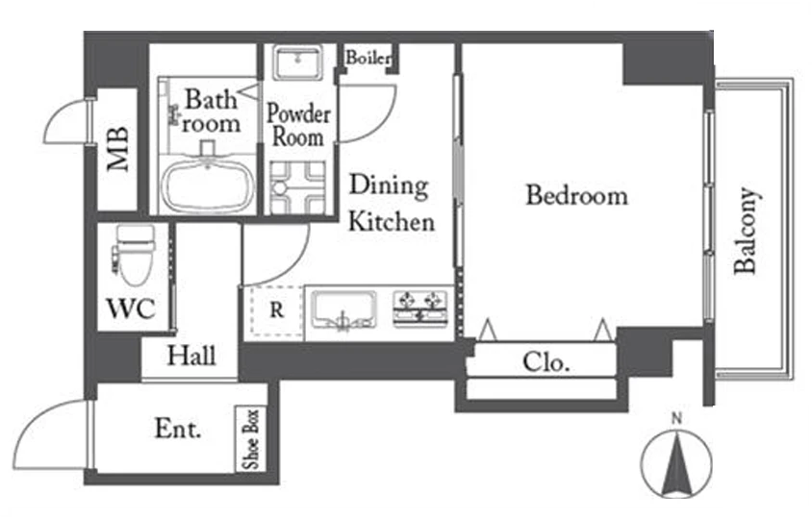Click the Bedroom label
tap(577, 196)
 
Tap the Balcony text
tap(747, 231)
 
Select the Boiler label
tap(368, 58)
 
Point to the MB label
tap(118, 149)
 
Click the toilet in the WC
tap(135, 255)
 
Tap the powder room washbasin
tap(298, 62)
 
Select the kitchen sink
tap(343, 310)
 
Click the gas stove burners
tap(420, 308)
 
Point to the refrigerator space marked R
tap(277, 310)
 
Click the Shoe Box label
tap(251, 439)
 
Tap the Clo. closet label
tap(546, 362)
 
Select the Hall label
tap(191, 356)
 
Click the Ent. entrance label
tap(178, 429)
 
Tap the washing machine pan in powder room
tap(298, 187)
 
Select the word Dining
tap(389, 185)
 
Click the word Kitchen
tap(392, 221)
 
